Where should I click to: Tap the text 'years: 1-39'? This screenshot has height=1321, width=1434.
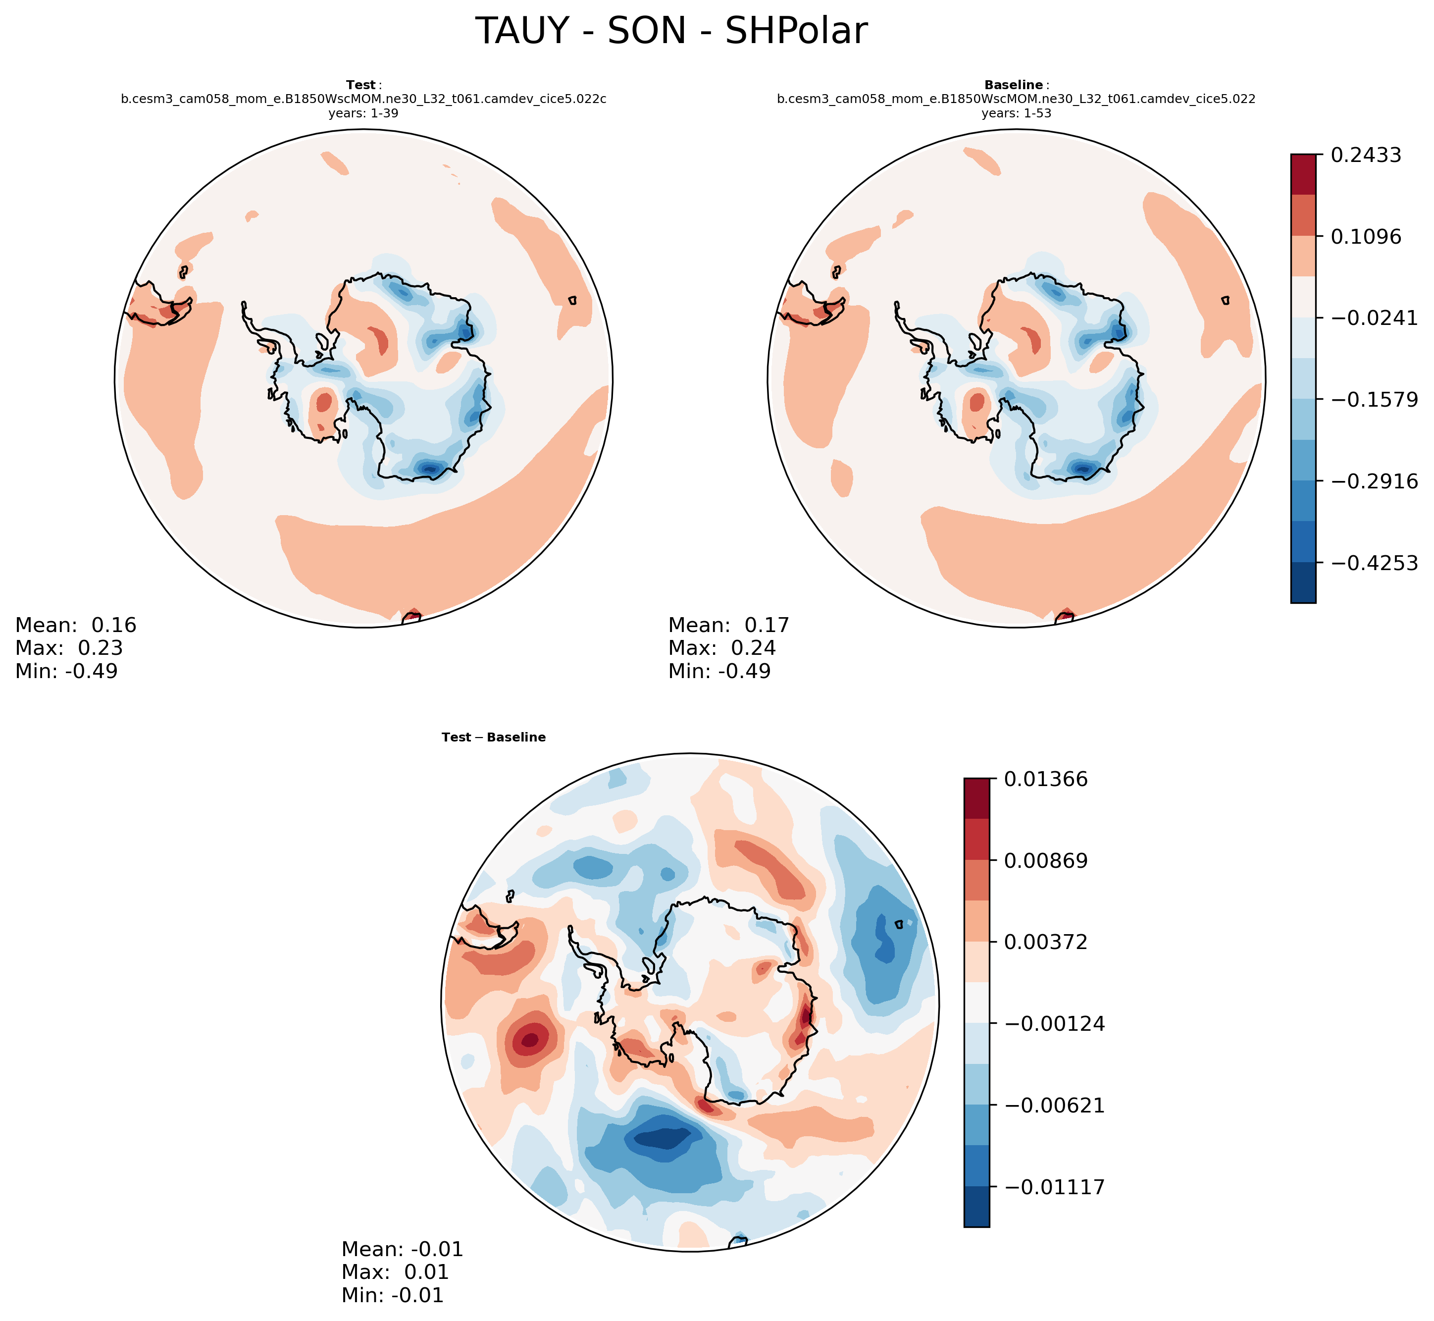(363, 113)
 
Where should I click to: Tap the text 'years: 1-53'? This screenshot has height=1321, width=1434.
(1016, 113)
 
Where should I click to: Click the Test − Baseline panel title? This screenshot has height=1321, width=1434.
(493, 737)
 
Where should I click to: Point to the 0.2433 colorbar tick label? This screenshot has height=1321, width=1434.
(1365, 155)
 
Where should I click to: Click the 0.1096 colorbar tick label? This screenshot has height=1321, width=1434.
(1365, 237)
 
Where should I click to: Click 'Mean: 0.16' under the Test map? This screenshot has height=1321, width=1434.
(76, 626)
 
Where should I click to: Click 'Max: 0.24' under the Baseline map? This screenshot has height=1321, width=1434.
(721, 648)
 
